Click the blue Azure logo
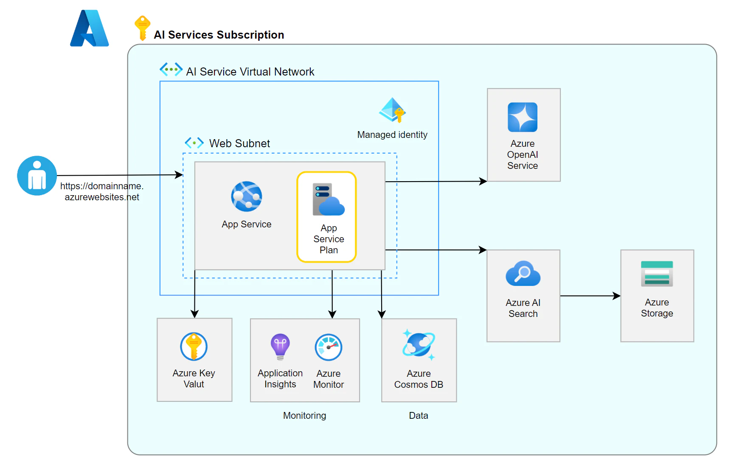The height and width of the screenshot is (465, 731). (89, 28)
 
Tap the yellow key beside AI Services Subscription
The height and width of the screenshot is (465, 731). (142, 28)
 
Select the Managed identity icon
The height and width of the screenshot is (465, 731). (392, 110)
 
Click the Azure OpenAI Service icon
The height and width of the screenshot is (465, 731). (523, 117)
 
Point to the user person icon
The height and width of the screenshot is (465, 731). (37, 176)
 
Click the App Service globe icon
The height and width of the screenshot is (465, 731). (247, 196)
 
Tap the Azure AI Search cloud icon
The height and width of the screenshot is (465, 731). (523, 273)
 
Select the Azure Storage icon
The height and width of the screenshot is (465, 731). (657, 274)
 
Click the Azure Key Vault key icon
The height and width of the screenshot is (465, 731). (194, 347)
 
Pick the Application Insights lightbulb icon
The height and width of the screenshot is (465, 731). (280, 347)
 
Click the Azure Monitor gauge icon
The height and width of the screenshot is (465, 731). (329, 347)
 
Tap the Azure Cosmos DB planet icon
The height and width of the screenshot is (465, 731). (419, 345)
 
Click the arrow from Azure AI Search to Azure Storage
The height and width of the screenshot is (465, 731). (590, 296)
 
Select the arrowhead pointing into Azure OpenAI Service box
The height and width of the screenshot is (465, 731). (483, 182)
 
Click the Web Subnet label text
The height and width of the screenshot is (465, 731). (239, 143)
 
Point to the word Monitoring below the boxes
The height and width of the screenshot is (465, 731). (305, 415)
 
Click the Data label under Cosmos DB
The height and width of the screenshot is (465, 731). (419, 415)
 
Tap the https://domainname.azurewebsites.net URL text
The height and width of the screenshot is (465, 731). (102, 191)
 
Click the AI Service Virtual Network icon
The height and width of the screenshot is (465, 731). (171, 69)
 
